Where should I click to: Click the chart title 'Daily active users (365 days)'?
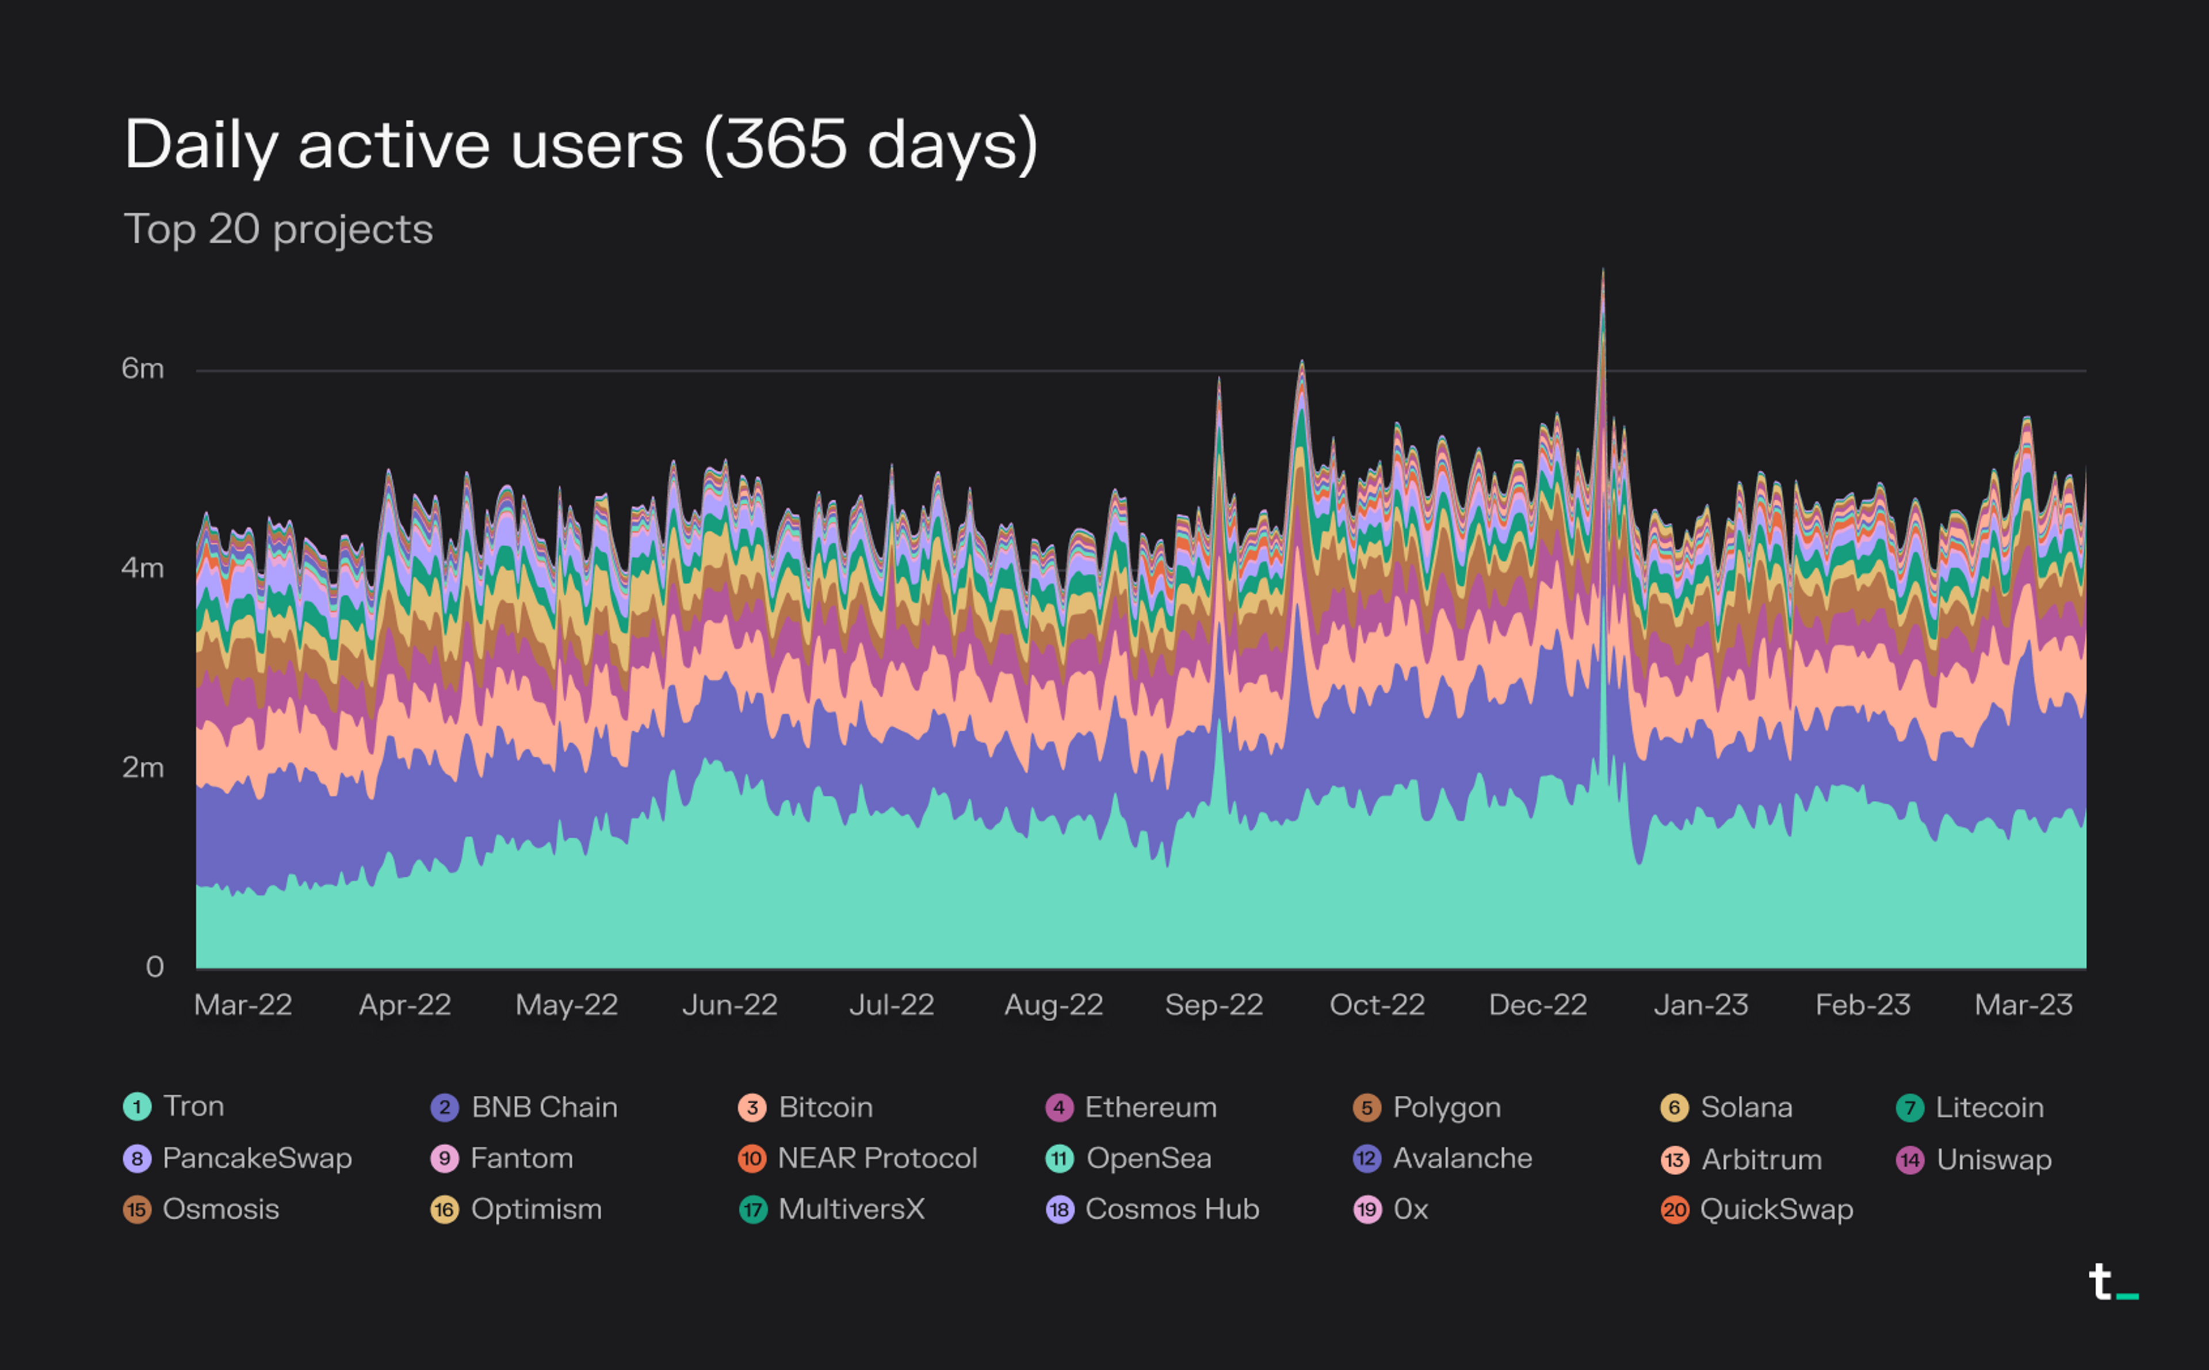tap(580, 145)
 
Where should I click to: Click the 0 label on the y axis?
tap(154, 967)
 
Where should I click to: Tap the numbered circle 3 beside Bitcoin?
tap(751, 1107)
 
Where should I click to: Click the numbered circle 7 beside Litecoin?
tap(1909, 1107)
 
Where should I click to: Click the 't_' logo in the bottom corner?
tap(2112, 1283)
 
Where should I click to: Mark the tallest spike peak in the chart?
tap(1603, 270)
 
